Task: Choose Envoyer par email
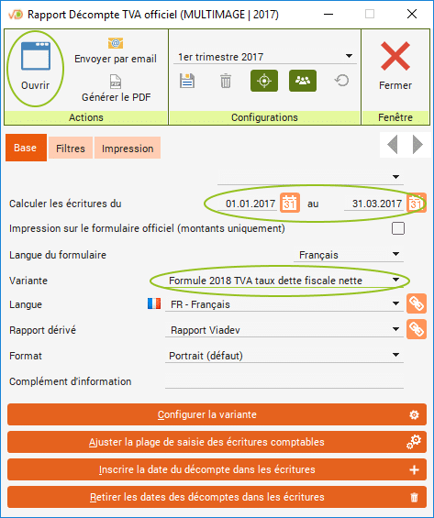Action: pyautogui.click(x=116, y=50)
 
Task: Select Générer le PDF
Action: pyautogui.click(x=116, y=89)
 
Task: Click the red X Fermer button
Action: pyautogui.click(x=395, y=66)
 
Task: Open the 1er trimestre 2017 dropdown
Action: pyautogui.click(x=265, y=57)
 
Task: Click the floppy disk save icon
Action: pyautogui.click(x=187, y=81)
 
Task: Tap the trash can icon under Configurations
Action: pyautogui.click(x=226, y=81)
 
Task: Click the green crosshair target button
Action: pyautogui.click(x=264, y=81)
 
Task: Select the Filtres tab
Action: pyautogui.click(x=71, y=149)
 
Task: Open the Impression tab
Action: pyautogui.click(x=128, y=149)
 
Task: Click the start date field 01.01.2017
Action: pyautogui.click(x=250, y=204)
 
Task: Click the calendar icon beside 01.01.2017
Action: pyautogui.click(x=290, y=203)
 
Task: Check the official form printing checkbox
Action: pyautogui.click(x=398, y=228)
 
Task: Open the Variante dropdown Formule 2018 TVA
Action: pyautogui.click(x=284, y=281)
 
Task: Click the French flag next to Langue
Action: pyautogui.click(x=154, y=303)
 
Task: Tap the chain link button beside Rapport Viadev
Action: pyautogui.click(x=417, y=329)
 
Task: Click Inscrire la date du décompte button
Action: pyautogui.click(x=217, y=469)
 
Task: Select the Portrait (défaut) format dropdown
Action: pyautogui.click(x=284, y=356)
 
